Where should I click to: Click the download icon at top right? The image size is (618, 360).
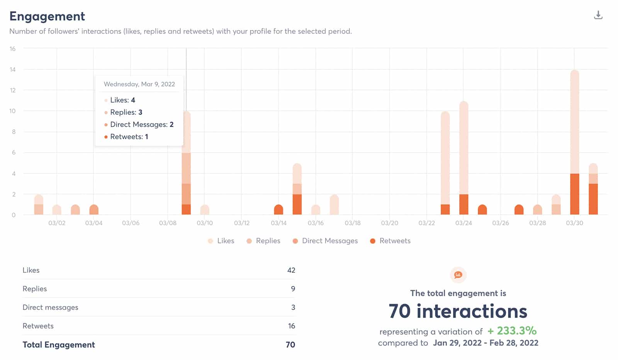coord(598,15)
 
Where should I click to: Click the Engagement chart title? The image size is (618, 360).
coord(47,16)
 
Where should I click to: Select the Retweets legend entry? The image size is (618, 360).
coord(390,241)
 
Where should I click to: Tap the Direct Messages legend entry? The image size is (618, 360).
coord(325,241)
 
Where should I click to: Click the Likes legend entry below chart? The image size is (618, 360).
coord(221,241)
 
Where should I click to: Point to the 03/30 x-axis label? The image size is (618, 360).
coord(574,223)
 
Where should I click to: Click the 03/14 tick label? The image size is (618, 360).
coord(278,223)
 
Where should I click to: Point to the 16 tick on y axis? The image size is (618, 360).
coord(13,49)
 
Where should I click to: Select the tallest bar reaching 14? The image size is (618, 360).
coord(574,124)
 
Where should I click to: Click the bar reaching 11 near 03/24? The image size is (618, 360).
coord(463,151)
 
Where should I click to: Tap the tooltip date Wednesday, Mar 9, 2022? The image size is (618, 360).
coord(139,84)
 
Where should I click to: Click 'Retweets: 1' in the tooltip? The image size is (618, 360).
coord(129,137)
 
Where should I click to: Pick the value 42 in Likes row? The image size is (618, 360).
coord(291,270)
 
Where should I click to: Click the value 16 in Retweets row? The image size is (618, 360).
coord(291,326)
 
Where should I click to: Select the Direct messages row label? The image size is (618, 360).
coord(50,307)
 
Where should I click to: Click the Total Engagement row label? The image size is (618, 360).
coord(59,345)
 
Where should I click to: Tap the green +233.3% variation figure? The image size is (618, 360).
coord(512,331)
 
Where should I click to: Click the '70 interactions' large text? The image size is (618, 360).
coord(458,311)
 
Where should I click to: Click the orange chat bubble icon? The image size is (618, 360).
coord(458,275)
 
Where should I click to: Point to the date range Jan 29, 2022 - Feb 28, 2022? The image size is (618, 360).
coord(486,343)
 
